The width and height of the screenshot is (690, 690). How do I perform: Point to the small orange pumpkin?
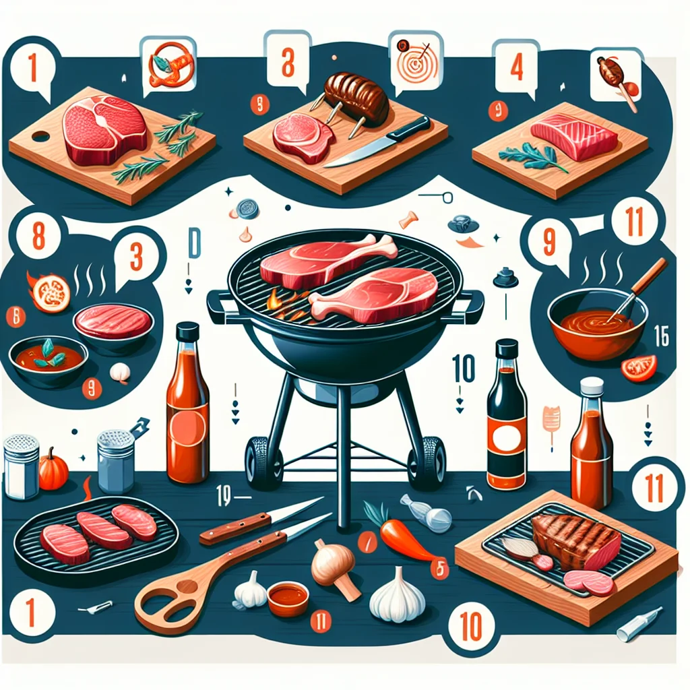tap(53, 470)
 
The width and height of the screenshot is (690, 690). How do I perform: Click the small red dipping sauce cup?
tap(288, 598)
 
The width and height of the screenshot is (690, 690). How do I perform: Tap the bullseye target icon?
tap(414, 63)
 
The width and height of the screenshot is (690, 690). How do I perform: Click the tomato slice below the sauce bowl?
tap(639, 367)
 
